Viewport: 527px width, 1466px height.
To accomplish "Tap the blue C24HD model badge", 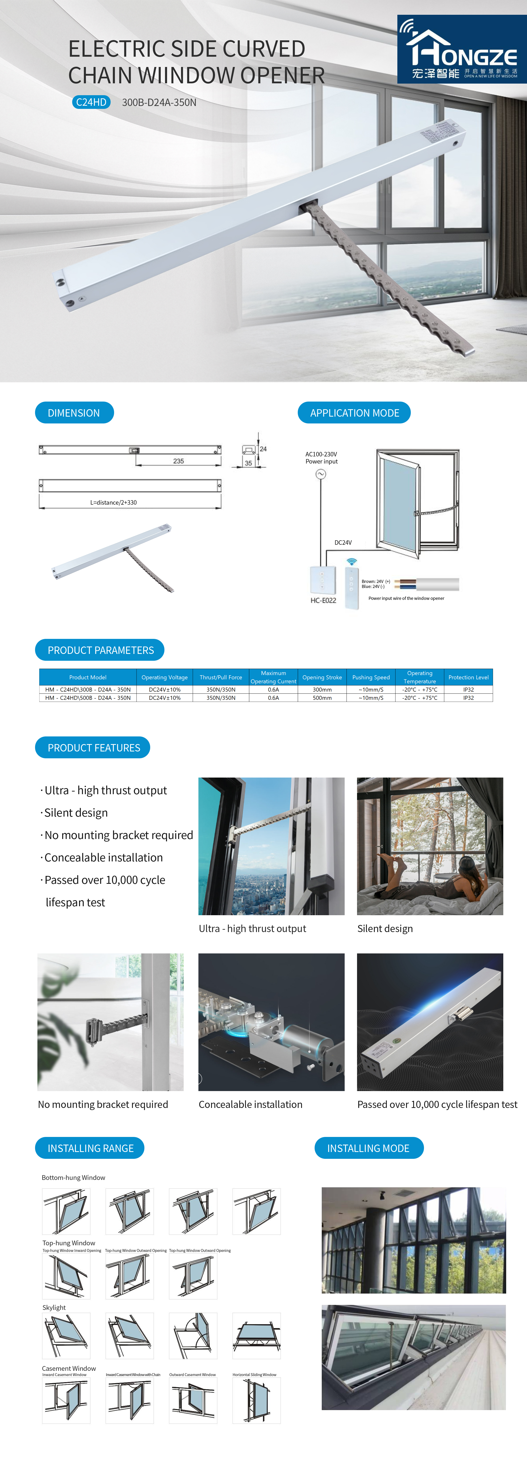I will (x=91, y=103).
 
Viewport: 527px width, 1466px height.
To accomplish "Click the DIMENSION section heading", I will (x=74, y=413).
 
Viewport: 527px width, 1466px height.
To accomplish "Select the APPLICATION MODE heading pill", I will (x=354, y=413).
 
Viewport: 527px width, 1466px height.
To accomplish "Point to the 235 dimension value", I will (x=178, y=461).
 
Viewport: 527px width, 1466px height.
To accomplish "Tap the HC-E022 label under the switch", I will (x=323, y=600).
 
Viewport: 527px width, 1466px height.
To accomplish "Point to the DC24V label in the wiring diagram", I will (x=343, y=542).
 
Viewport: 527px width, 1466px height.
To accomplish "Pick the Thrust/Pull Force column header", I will (x=221, y=677).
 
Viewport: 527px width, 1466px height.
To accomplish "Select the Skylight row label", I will (x=54, y=1307).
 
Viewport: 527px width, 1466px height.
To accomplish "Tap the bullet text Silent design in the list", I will (x=76, y=813).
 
